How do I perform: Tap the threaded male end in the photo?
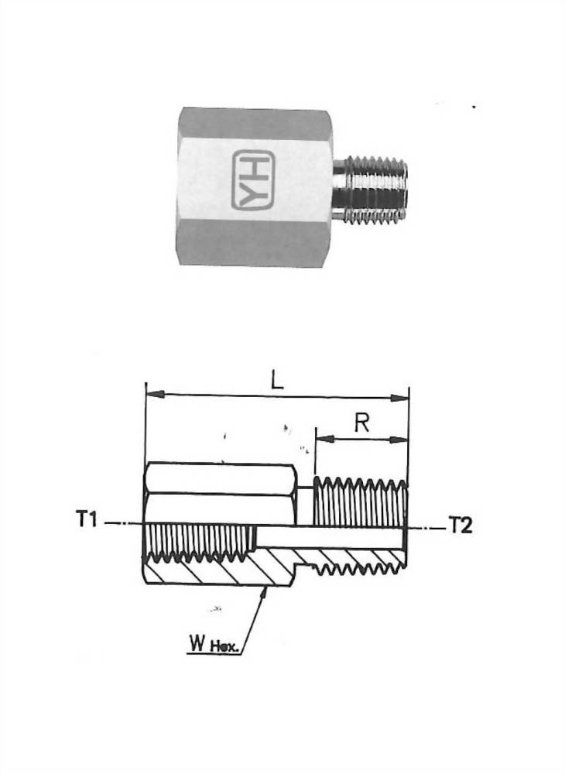pos(370,193)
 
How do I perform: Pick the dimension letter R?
pos(361,423)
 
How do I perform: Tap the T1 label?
pos(87,520)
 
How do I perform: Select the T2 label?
pos(461,526)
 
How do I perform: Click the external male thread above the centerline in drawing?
pos(360,502)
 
